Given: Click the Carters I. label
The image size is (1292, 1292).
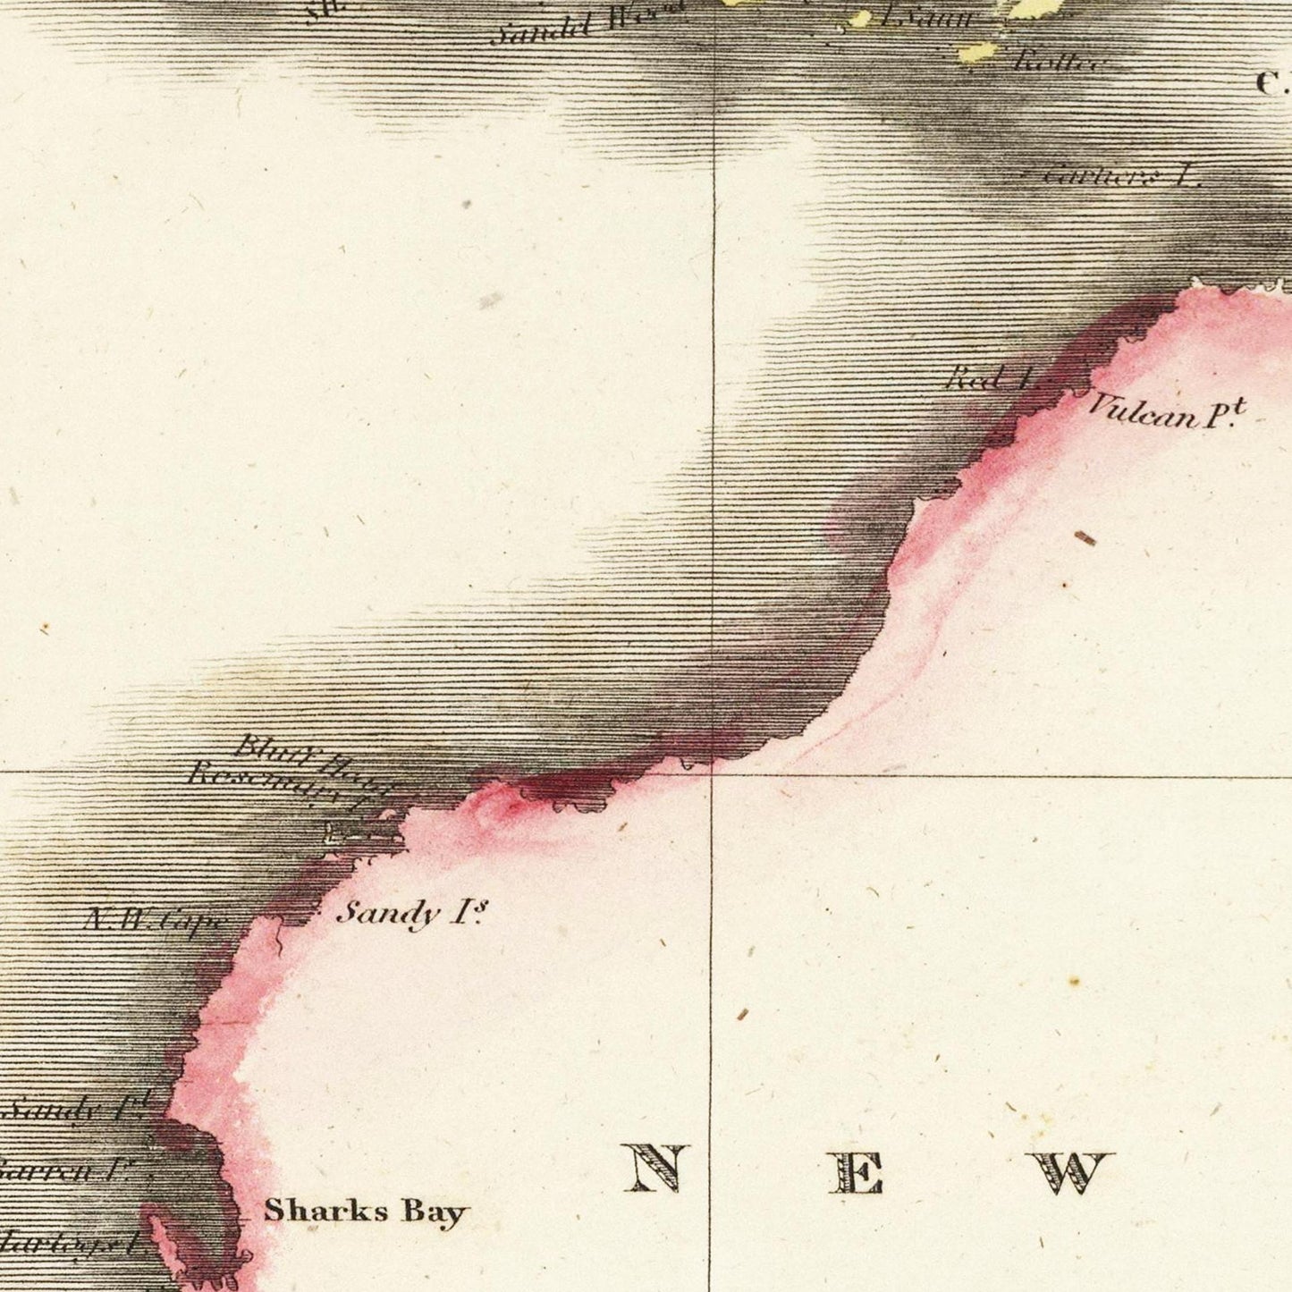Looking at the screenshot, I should click(x=1121, y=174).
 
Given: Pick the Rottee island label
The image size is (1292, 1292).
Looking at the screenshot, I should click(x=1059, y=62).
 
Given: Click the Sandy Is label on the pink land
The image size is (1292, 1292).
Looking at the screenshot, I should click(x=411, y=913).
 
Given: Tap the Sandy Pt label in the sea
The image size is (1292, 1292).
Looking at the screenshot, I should click(x=80, y=1109).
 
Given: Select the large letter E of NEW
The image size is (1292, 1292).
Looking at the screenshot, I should click(x=856, y=1172).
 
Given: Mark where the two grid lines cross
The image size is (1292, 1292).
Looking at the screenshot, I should click(x=712, y=773).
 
